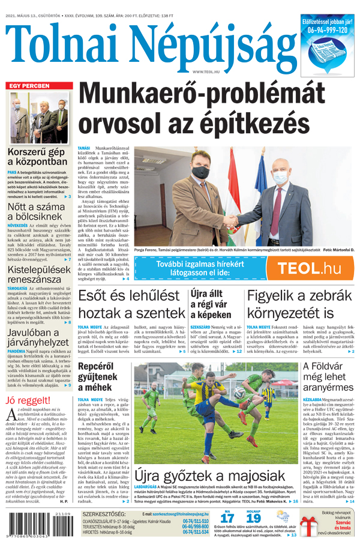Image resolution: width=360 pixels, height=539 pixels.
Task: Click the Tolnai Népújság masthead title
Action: (150, 43)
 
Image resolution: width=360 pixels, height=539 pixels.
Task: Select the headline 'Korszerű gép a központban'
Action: (37, 156)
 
